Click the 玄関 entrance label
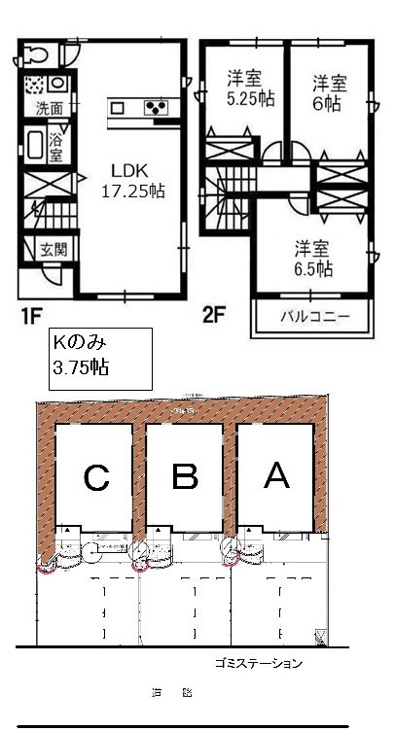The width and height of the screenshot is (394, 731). coord(53,250)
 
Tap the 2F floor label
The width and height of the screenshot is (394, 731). coord(214,316)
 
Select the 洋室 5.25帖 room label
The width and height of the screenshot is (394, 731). coord(248,87)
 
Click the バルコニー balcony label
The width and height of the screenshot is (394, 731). coord(313,317)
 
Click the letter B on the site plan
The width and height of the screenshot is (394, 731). coord(185,476)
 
